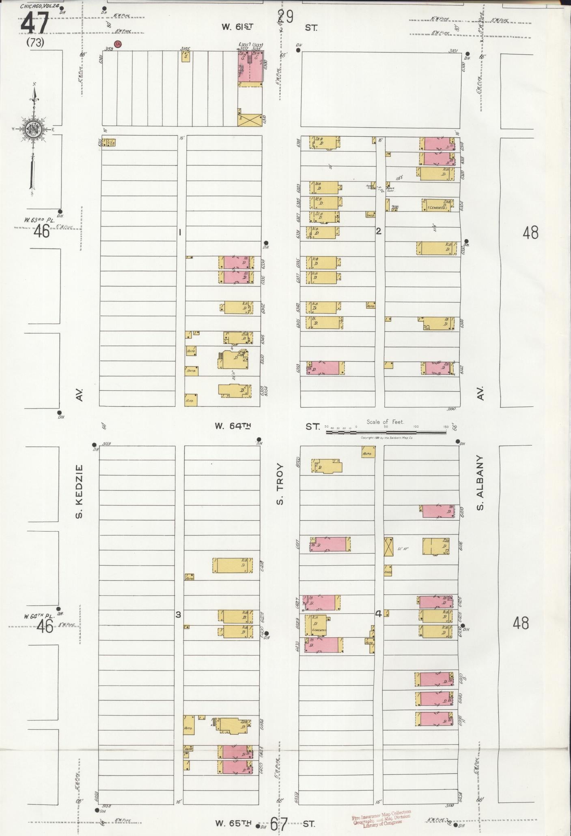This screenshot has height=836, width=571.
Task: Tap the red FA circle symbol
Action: click(x=118, y=45)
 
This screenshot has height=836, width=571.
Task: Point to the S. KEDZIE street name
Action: click(x=79, y=491)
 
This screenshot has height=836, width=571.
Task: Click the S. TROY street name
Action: click(x=280, y=484)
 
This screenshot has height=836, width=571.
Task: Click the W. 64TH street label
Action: click(x=233, y=426)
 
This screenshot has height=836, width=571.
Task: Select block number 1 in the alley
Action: click(x=179, y=232)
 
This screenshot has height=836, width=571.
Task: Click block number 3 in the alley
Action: click(x=177, y=614)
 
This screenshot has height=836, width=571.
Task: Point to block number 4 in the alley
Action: click(x=378, y=614)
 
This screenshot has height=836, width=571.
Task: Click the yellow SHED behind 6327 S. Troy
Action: click(x=370, y=215)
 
